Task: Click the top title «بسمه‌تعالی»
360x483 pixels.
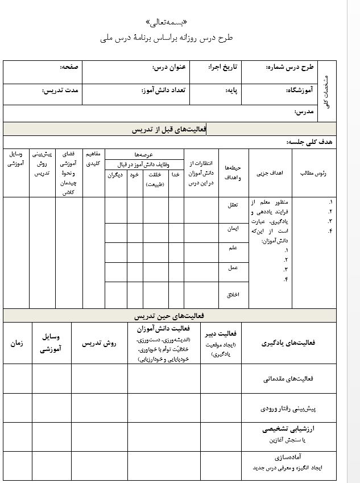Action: pyautogui.click(x=171, y=23)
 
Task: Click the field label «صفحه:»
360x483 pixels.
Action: pyautogui.click(x=69, y=68)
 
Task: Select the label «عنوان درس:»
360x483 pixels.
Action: pyautogui.click(x=169, y=68)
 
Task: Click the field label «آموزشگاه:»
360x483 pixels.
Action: pyautogui.click(x=296, y=90)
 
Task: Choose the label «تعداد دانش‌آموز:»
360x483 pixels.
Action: pyautogui.click(x=164, y=90)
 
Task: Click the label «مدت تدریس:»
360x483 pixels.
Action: pyautogui.click(x=60, y=90)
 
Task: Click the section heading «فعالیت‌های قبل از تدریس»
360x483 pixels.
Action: pyautogui.click(x=169, y=130)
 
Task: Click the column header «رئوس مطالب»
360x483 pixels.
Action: pyautogui.click(x=313, y=173)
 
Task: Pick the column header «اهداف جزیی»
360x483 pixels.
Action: pyautogui.click(x=270, y=173)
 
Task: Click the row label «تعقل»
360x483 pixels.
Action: pyautogui.click(x=233, y=204)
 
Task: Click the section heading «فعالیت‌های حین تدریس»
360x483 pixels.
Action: pyautogui.click(x=169, y=315)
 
